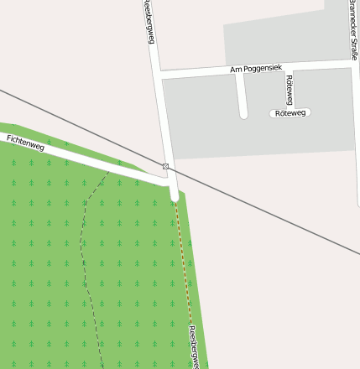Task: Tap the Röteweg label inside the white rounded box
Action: pyautogui.click(x=290, y=112)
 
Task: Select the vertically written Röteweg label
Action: pyautogui.click(x=290, y=89)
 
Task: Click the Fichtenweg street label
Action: pyautogui.click(x=26, y=142)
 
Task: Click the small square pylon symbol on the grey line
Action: pyautogui.click(x=165, y=167)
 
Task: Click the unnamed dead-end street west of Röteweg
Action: pyautogui.click(x=243, y=96)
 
